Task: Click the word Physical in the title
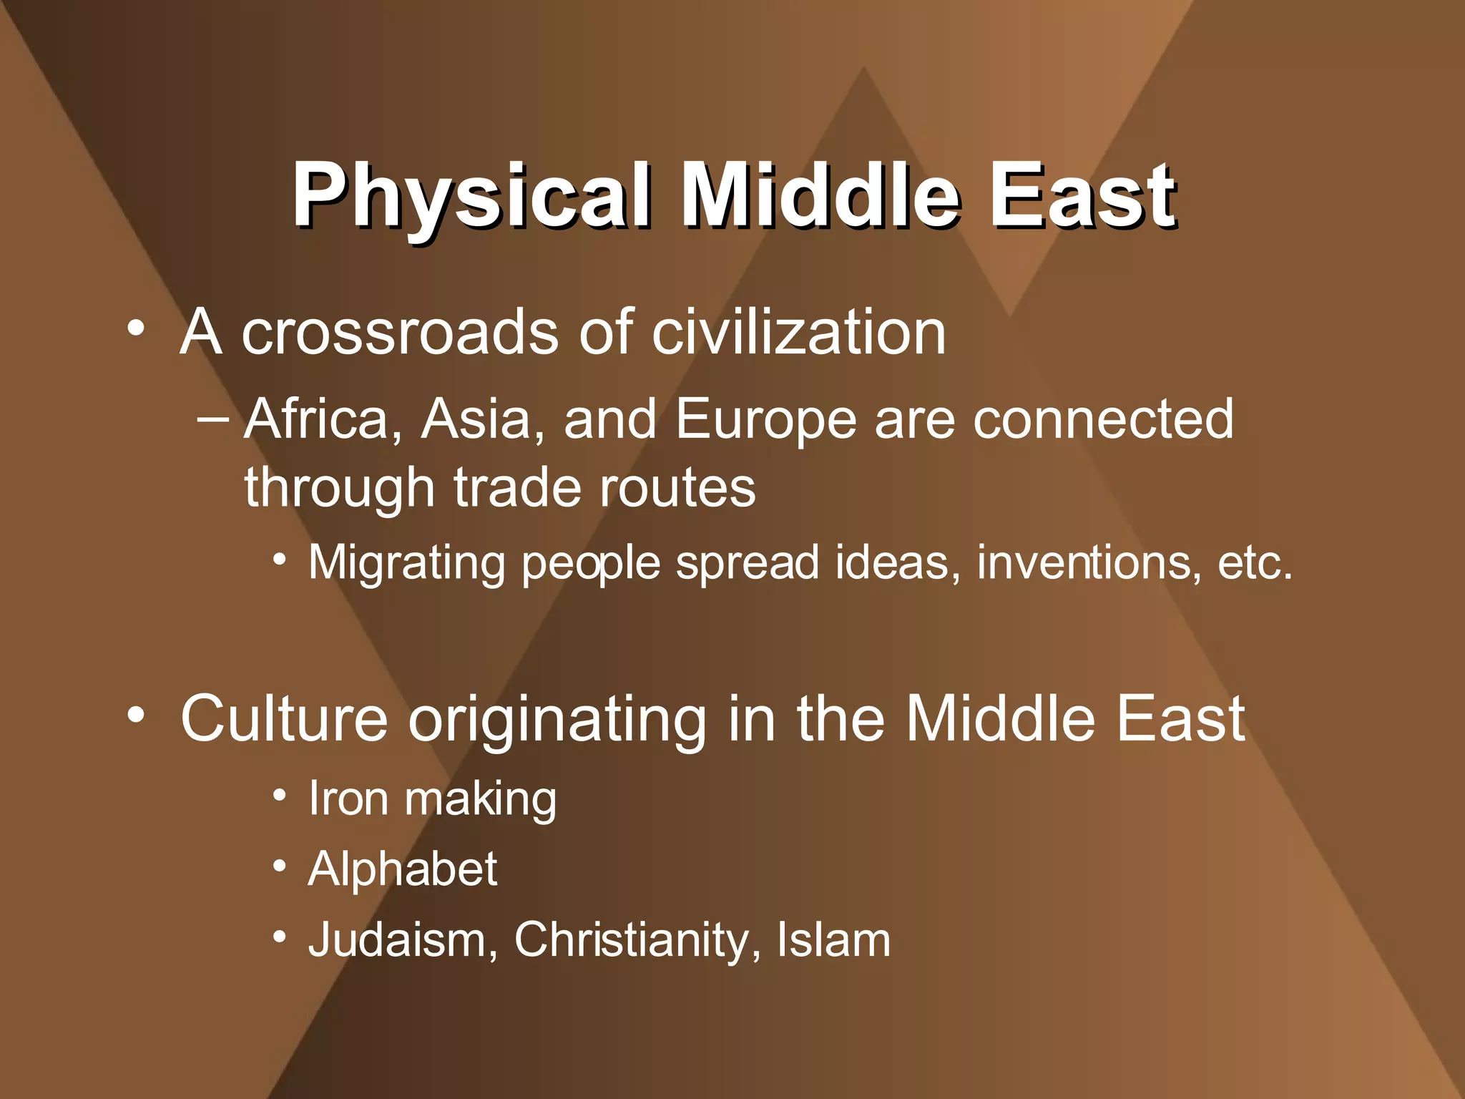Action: click(x=471, y=195)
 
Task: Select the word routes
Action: click(x=677, y=488)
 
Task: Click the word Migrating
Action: click(x=406, y=564)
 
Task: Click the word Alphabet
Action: click(x=402, y=869)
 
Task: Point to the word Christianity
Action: click(x=631, y=941)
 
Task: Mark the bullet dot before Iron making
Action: click(x=280, y=796)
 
